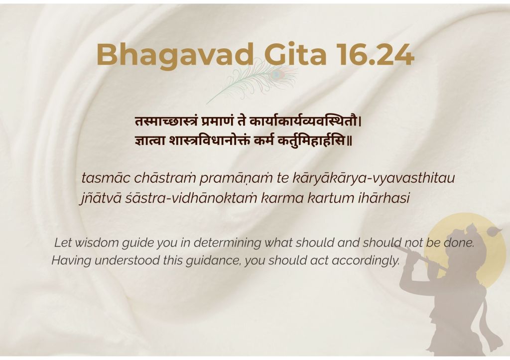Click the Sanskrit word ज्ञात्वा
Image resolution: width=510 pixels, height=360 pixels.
(x=150, y=141)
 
